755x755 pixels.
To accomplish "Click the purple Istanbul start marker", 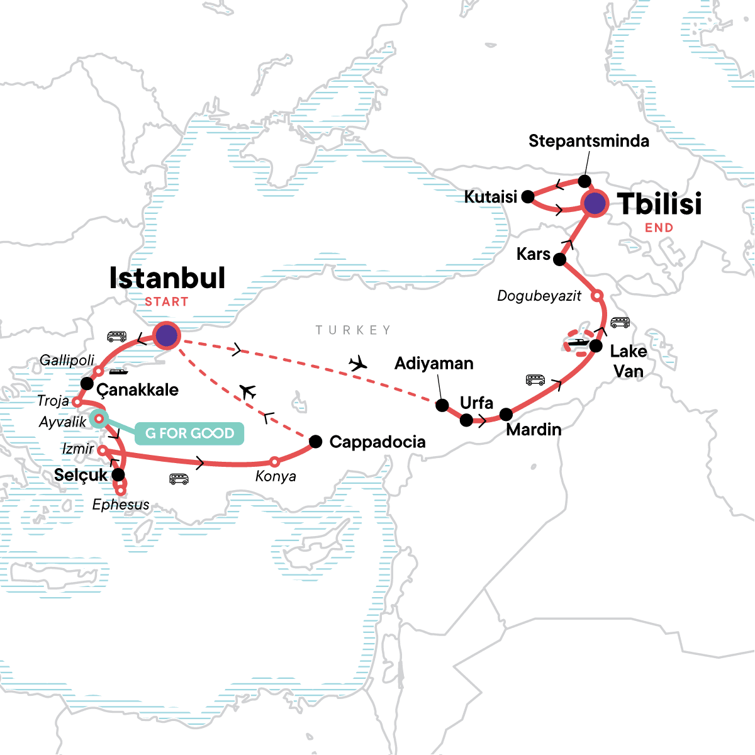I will click(167, 335).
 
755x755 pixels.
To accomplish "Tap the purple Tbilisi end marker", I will click(595, 203).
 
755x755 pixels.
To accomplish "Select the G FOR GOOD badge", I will click(189, 433).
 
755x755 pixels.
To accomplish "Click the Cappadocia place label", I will click(377, 442).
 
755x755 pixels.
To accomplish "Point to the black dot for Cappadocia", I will click(316, 441).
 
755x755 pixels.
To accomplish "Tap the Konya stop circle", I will click(274, 462).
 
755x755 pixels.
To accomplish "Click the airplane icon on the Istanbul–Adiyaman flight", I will click(358, 363).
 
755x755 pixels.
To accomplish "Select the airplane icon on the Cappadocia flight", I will click(248, 392).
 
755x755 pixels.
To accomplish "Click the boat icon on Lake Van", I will click(578, 344).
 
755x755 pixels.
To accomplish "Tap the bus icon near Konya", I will click(179, 479).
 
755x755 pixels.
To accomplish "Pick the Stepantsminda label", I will click(588, 141).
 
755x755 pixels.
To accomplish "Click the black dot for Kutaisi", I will click(528, 197).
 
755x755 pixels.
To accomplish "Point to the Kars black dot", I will click(559, 259).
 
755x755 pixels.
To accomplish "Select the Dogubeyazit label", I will click(539, 296).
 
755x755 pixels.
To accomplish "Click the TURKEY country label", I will click(353, 330).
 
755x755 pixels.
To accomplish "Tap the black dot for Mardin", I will click(506, 415).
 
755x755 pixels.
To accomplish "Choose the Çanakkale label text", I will click(137, 389).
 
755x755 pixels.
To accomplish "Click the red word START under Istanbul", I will click(166, 302).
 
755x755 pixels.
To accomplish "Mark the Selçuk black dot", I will click(118, 474).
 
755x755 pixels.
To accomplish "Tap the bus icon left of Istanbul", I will click(116, 337).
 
